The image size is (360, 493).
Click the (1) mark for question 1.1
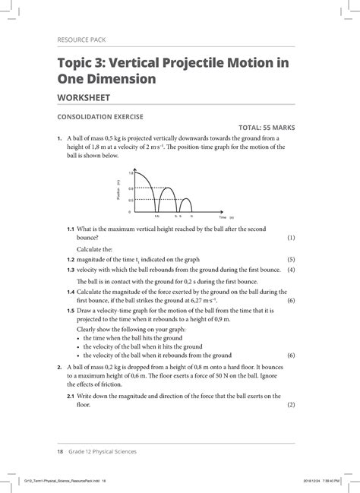(x=290, y=238)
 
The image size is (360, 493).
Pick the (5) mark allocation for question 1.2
(x=290, y=259)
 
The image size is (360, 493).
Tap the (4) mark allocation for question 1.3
(x=290, y=269)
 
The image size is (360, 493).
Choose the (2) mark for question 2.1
(x=290, y=405)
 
